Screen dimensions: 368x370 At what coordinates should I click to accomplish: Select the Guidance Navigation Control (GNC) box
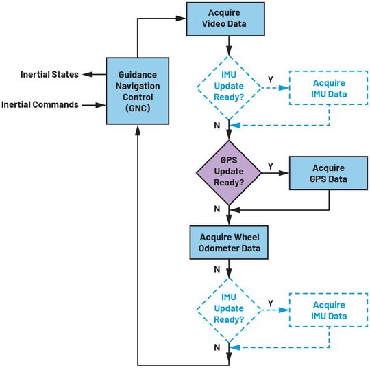pos(138,90)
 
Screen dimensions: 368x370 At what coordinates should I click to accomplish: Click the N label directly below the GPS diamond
pos(217,208)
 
